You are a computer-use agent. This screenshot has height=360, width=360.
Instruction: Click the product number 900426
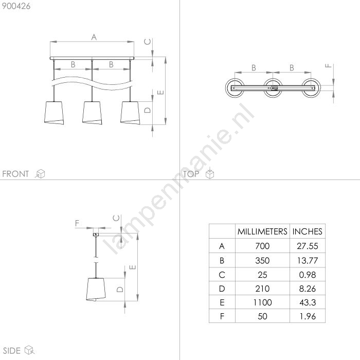(x=16, y=6)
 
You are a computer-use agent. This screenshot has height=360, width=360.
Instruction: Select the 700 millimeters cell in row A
(x=262, y=246)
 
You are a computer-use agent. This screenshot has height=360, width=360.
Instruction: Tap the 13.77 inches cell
(x=308, y=260)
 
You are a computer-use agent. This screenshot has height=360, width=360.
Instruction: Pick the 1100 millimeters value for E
(x=262, y=302)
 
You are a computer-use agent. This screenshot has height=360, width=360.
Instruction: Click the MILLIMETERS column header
(x=262, y=231)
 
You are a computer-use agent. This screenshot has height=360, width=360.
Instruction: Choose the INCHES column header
(x=307, y=231)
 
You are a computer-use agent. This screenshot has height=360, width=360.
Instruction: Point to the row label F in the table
(x=222, y=316)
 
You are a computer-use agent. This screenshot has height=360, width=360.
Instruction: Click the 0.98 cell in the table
(x=308, y=275)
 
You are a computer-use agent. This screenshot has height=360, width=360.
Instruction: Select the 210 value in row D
(x=262, y=289)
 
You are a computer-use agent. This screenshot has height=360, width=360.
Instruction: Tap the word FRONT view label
(x=15, y=174)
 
